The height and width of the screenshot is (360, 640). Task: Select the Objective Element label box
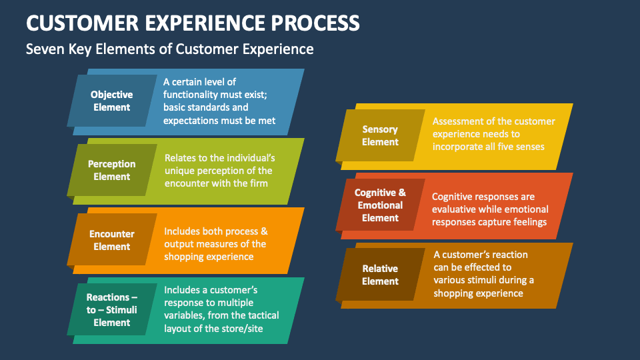coord(111,101)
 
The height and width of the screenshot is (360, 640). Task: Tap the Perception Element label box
coord(111,170)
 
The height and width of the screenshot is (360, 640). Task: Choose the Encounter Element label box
coord(111,240)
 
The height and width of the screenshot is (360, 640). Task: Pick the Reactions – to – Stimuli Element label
coord(111,310)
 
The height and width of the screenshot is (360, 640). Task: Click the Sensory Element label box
coord(380,135)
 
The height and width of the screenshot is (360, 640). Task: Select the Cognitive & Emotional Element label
coord(380,205)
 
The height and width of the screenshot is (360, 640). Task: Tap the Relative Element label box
coord(380,275)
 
